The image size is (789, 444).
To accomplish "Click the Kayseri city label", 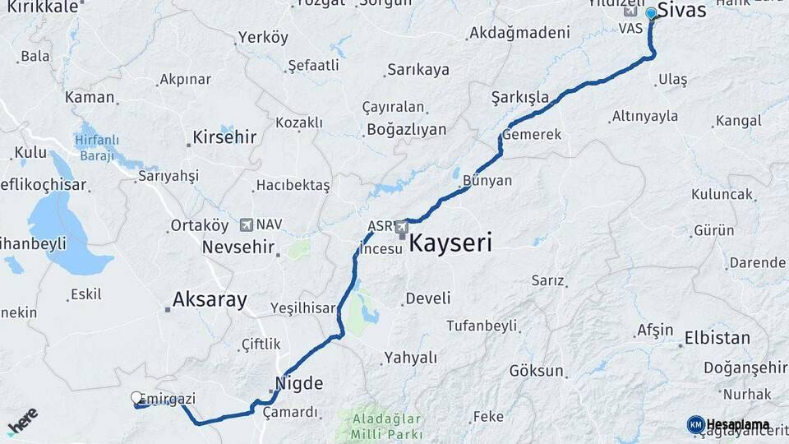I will click(x=450, y=243).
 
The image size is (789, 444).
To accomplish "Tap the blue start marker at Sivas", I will click(x=651, y=13).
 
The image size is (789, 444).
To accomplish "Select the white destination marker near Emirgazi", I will click(x=136, y=398).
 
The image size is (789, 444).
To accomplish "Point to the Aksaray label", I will click(x=210, y=300).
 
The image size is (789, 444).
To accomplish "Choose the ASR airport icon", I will click(x=401, y=226).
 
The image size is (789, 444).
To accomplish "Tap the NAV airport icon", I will click(x=246, y=224).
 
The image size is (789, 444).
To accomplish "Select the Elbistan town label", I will click(x=717, y=338).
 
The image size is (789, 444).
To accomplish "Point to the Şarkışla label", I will click(x=519, y=97).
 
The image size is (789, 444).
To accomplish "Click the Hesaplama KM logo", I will click(x=728, y=424).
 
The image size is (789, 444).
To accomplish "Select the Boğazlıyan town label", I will click(x=406, y=130).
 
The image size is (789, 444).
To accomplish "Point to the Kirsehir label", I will click(x=224, y=137).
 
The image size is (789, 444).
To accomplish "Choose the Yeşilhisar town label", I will click(x=304, y=308).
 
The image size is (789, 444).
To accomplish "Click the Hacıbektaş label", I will click(x=293, y=185).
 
